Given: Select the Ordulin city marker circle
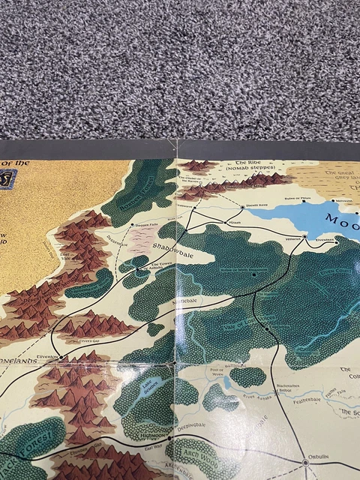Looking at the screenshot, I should click(305, 462).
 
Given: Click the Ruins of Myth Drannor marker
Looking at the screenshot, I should click(254, 274).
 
